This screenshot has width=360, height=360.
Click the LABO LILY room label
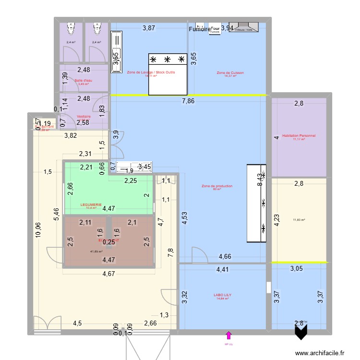tap(221, 295)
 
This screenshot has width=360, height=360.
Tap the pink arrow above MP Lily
tap(228, 336)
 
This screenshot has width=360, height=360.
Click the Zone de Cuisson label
tap(230, 72)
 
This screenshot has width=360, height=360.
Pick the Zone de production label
tap(217, 186)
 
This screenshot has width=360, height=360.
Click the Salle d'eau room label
tap(83, 80)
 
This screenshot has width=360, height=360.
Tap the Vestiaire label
tap(84, 116)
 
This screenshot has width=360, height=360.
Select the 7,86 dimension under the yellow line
tap(188, 101)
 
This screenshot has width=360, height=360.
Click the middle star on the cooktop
tap(168, 60)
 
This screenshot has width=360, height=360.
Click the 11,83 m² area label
tap(299, 220)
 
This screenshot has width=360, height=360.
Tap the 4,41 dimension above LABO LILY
tap(222, 269)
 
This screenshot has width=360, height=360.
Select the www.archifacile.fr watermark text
tap(320, 353)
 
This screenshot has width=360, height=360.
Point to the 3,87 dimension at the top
tap(149, 28)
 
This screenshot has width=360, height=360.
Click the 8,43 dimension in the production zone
tap(260, 180)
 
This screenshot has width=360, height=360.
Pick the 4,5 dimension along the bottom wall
tap(77, 323)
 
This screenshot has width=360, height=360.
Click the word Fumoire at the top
tap(200, 29)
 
